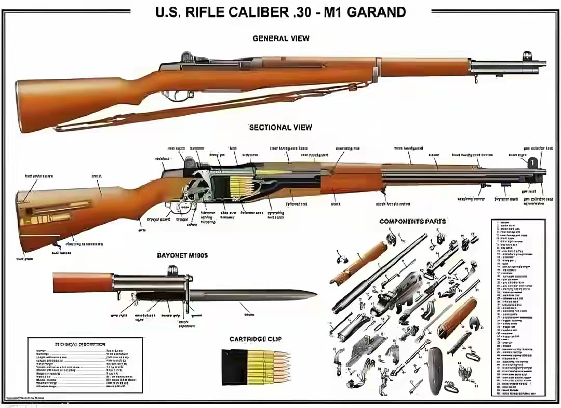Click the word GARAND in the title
point(376,12)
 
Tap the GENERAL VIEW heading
point(280,38)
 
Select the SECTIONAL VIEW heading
point(280,127)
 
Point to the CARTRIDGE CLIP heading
point(256,339)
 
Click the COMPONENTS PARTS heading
point(412,221)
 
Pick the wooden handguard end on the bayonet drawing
point(83,283)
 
